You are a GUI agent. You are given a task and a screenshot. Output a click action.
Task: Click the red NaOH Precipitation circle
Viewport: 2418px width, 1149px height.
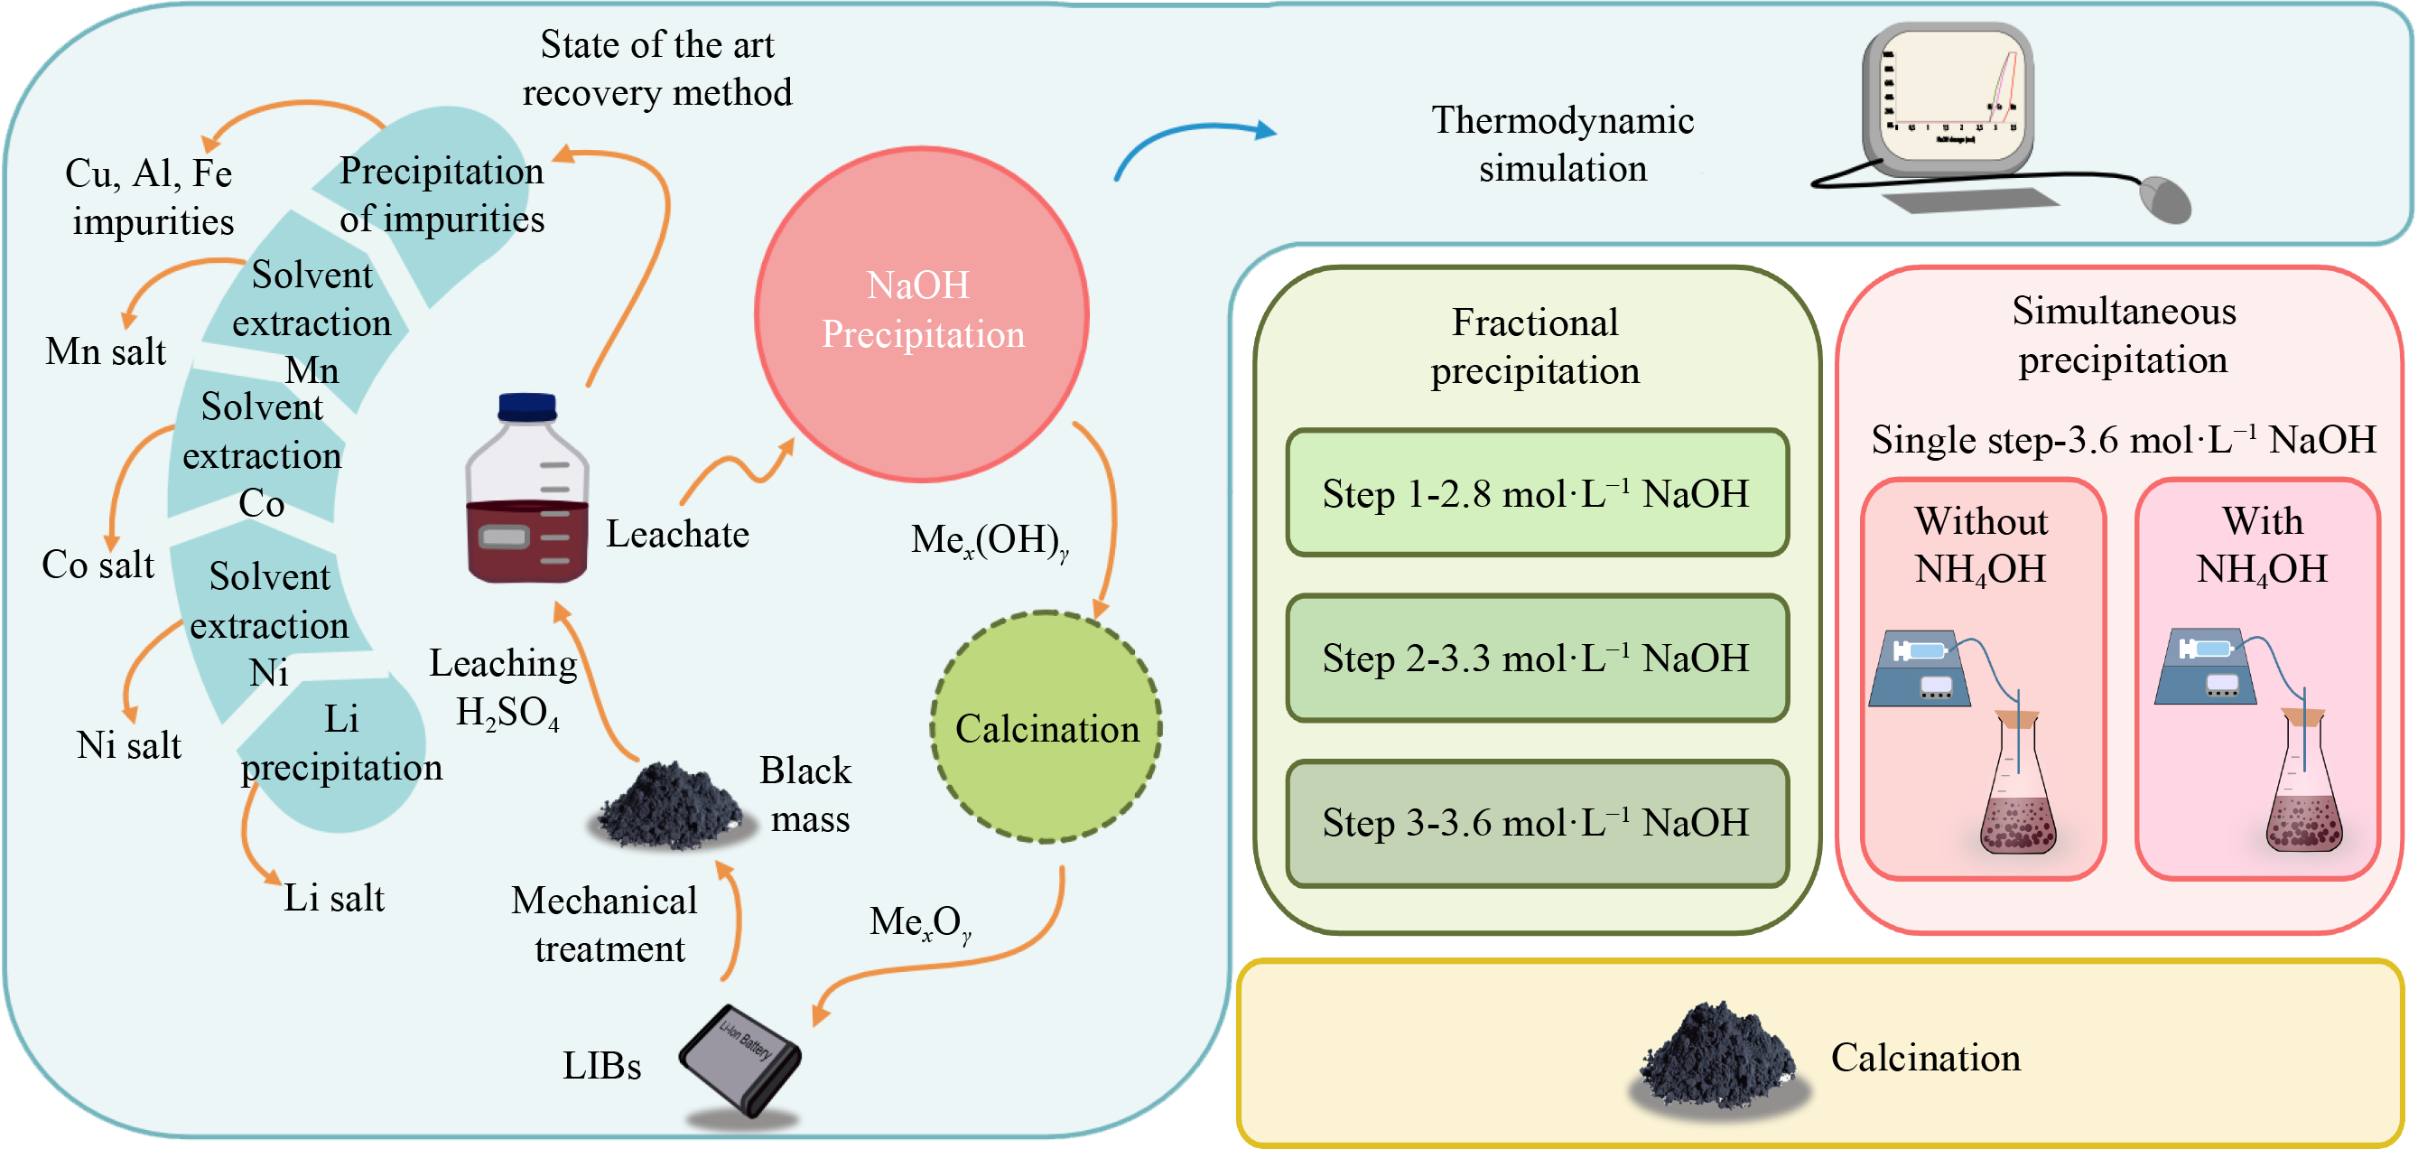pos(921,313)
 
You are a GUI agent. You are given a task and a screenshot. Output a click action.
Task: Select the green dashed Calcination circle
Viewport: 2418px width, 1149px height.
pos(1046,727)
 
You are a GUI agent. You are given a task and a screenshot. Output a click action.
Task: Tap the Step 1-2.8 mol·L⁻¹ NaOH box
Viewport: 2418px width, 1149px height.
pos(1537,493)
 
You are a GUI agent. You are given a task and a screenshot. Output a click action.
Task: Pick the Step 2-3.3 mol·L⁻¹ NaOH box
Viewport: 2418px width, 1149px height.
pos(1537,658)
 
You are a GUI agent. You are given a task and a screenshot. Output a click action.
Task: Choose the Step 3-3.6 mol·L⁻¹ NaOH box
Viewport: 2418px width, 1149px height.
pos(1537,822)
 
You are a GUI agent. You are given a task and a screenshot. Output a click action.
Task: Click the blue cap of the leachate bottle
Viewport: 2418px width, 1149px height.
pos(527,407)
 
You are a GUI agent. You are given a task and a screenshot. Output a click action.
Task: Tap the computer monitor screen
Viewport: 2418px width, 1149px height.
pos(1948,94)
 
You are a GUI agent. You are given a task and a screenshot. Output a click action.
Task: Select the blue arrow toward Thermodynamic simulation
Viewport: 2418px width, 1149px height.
pos(1193,141)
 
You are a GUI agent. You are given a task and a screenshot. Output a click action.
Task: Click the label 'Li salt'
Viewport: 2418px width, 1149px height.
pos(334,899)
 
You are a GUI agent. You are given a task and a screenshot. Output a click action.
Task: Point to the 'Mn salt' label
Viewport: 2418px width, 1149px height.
pos(105,351)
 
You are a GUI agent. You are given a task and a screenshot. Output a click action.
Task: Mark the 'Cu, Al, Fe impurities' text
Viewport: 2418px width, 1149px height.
pos(150,197)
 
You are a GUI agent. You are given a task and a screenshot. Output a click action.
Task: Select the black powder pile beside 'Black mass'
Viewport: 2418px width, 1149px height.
pos(671,808)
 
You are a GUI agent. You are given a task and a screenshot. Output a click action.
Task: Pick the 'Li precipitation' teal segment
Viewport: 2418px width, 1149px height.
pos(339,751)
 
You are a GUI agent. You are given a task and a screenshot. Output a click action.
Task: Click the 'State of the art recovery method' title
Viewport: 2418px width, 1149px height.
pos(657,69)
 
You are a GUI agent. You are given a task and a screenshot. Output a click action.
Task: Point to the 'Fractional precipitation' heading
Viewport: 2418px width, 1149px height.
pos(1535,346)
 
